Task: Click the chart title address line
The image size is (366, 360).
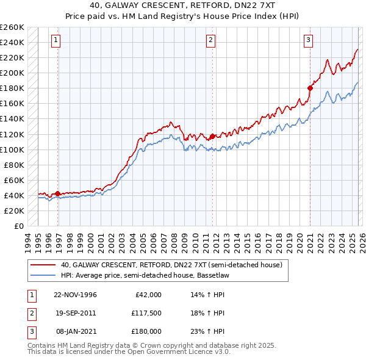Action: (183, 5)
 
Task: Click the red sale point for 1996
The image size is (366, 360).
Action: (57, 194)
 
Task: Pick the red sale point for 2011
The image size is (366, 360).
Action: (212, 136)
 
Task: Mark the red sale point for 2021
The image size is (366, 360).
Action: (310, 88)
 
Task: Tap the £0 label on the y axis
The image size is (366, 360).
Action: (18, 226)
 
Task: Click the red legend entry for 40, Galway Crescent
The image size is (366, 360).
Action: (171, 265)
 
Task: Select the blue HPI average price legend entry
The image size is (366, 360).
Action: (152, 276)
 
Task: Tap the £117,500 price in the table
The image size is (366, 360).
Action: (146, 313)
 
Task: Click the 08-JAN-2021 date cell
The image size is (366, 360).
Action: (75, 331)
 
